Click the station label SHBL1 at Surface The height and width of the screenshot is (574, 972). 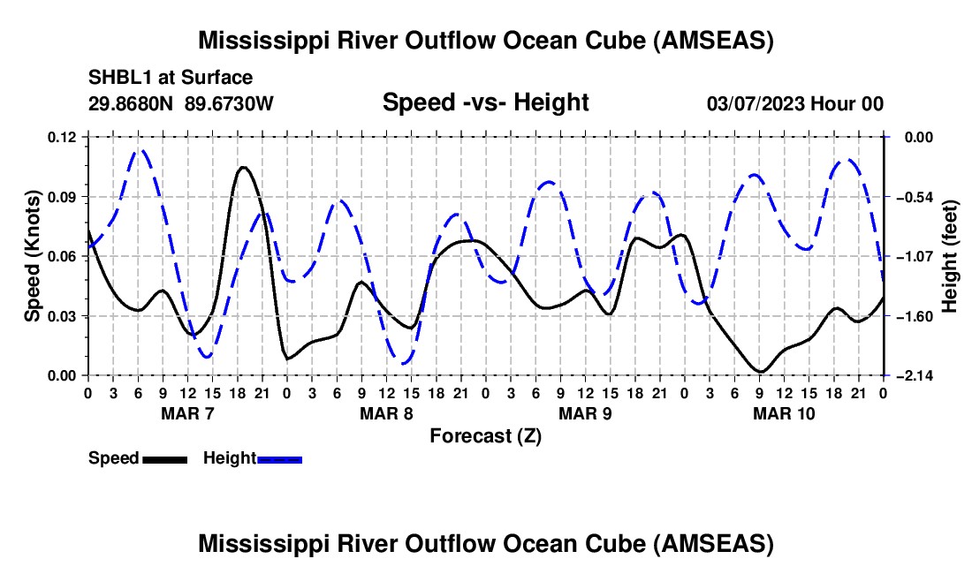click(171, 78)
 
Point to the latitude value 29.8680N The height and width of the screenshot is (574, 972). click(133, 103)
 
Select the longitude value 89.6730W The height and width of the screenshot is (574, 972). click(230, 103)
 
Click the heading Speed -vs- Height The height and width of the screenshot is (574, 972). click(485, 102)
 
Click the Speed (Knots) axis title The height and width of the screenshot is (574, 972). click(33, 256)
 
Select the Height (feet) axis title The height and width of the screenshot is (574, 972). click(950, 256)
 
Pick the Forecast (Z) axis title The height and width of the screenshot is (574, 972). click(485, 435)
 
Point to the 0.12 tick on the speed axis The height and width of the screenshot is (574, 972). click(63, 137)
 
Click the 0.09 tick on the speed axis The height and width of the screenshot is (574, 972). click(63, 197)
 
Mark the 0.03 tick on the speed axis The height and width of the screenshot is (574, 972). click(63, 316)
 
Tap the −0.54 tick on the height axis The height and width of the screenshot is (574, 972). click(912, 197)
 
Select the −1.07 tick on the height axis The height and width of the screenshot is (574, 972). click(912, 256)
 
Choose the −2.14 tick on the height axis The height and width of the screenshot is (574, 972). click(912, 376)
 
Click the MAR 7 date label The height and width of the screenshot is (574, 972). click(186, 413)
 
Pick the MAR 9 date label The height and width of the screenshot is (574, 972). click(585, 413)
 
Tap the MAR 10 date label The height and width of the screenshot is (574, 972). click(783, 413)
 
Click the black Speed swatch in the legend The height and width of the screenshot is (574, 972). click(164, 458)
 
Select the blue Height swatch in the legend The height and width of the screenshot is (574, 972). click(279, 458)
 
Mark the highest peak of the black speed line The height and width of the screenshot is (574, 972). click(243, 167)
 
